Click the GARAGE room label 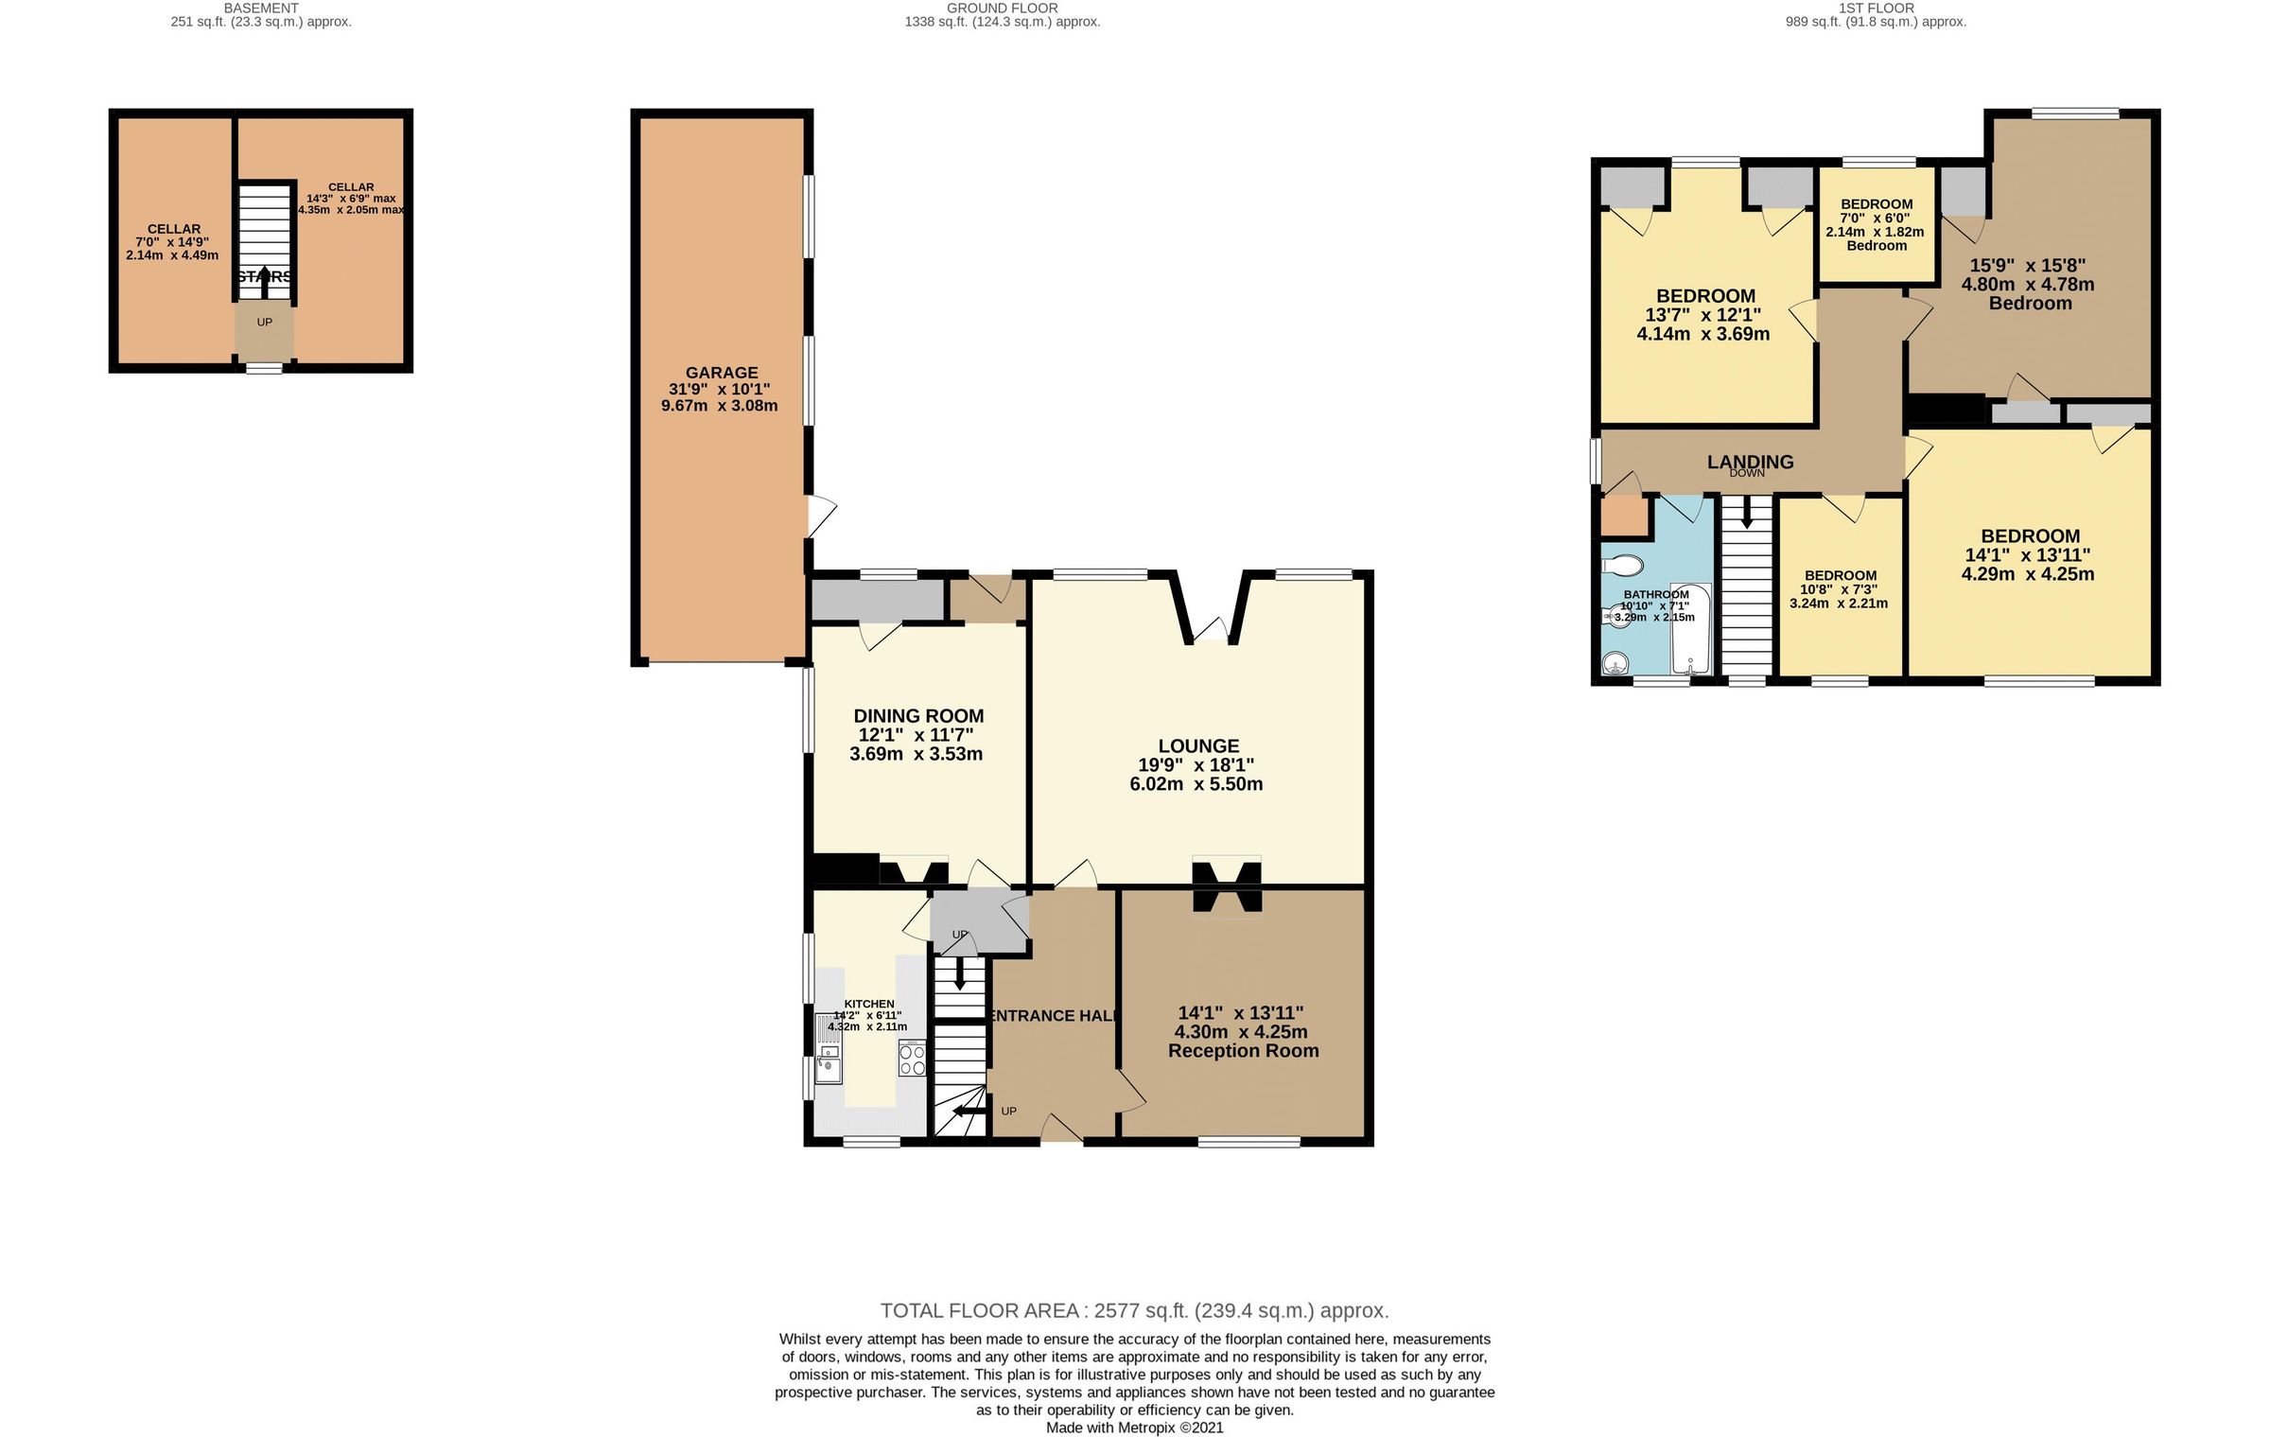click(x=721, y=373)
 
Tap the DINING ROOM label click(x=917, y=716)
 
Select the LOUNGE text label click(x=1197, y=746)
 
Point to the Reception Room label click(x=1242, y=1051)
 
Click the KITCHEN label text click(x=868, y=1004)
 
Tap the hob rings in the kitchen click(x=912, y=1059)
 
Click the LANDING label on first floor click(x=1749, y=462)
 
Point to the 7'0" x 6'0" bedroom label click(x=1876, y=204)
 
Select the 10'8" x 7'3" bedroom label click(x=1840, y=575)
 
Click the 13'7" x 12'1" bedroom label click(x=1705, y=296)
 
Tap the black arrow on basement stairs click(x=264, y=275)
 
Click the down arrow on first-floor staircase click(x=1746, y=517)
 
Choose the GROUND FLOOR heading click(x=1002, y=8)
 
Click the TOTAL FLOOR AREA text click(x=1133, y=1310)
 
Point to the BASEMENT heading click(x=260, y=8)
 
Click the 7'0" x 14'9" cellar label click(x=173, y=229)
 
